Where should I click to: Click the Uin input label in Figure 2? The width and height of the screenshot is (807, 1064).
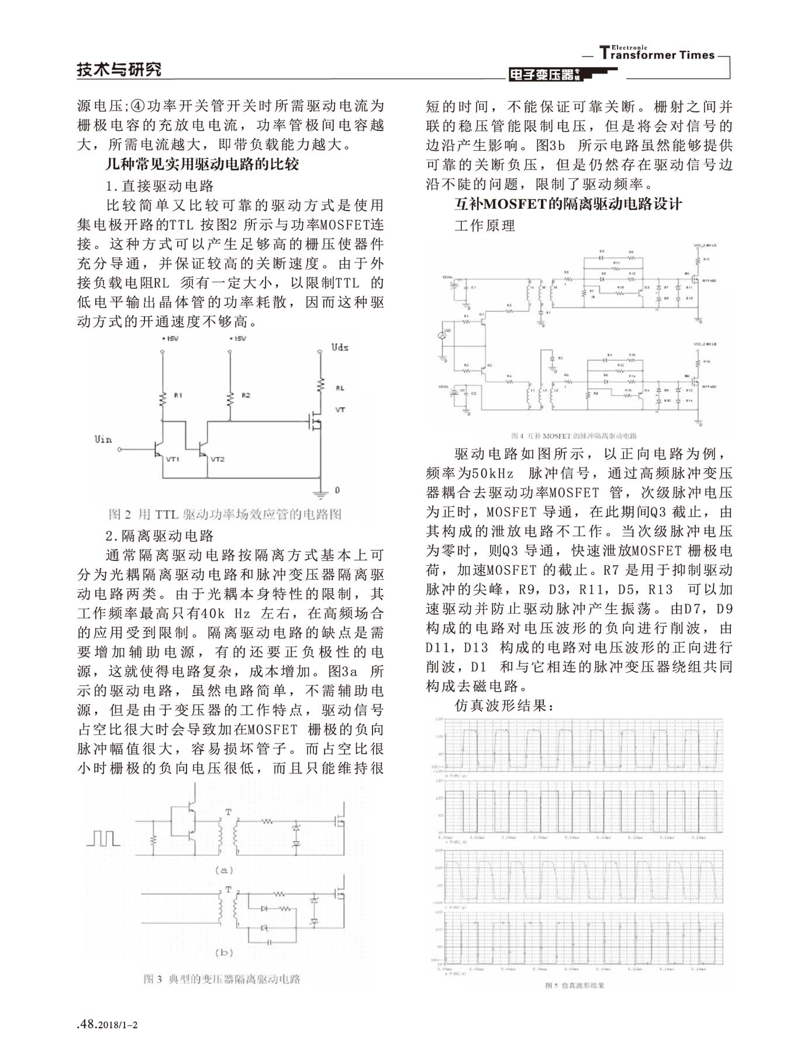(x=103, y=439)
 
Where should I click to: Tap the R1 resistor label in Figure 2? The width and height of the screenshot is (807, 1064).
(x=178, y=396)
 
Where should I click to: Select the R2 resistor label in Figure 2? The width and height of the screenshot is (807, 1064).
(x=245, y=396)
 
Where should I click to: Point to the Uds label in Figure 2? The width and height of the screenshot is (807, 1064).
(x=340, y=347)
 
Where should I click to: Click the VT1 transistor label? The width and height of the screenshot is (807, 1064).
(x=173, y=460)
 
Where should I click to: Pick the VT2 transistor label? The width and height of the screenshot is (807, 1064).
(x=217, y=460)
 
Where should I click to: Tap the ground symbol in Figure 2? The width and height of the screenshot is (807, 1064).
(x=320, y=492)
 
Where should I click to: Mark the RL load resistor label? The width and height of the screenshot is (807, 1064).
(x=340, y=388)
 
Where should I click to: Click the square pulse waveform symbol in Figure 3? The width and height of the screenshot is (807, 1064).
(x=104, y=838)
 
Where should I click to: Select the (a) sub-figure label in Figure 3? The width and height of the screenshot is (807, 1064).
(x=224, y=870)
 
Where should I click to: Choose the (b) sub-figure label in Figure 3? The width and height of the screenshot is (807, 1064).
(x=224, y=952)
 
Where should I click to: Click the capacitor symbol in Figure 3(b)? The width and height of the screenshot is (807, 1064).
(x=270, y=942)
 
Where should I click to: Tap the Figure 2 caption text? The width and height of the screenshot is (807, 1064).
(x=225, y=514)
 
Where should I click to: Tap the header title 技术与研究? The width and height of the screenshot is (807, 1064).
(x=119, y=70)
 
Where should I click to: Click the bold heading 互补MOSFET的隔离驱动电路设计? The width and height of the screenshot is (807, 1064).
(x=568, y=204)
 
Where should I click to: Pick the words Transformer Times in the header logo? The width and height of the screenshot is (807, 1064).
(x=658, y=54)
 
